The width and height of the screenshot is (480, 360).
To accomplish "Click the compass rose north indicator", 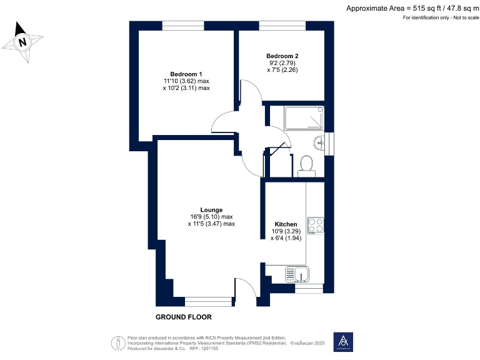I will [x=23, y=42].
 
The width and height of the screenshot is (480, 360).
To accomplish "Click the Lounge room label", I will [x=211, y=209].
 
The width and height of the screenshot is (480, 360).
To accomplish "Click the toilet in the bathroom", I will [x=306, y=164].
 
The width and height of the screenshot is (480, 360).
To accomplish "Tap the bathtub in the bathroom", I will [x=304, y=118].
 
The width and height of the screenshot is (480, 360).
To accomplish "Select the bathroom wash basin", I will [x=322, y=142].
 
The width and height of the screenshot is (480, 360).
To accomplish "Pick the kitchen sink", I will [x=297, y=272].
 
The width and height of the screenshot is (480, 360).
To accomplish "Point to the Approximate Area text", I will [x=412, y=8].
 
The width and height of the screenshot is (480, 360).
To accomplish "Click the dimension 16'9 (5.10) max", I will [x=211, y=217].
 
